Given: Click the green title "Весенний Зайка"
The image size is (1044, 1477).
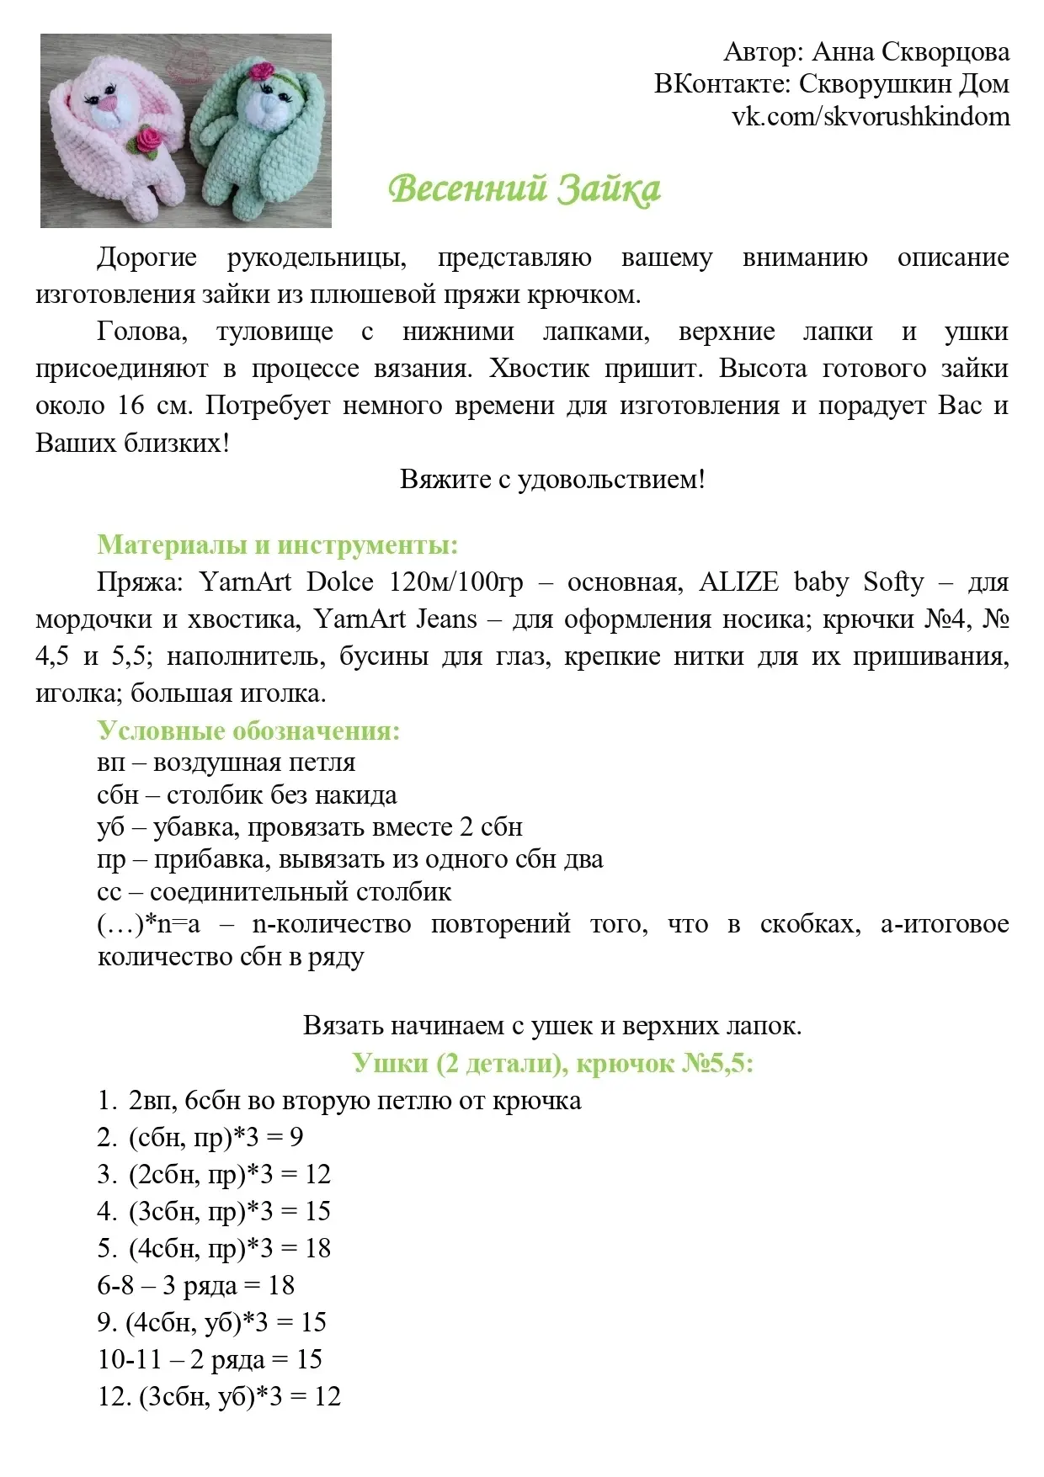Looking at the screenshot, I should pos(524,188).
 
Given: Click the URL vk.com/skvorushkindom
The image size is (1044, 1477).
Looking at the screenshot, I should pos(871,116).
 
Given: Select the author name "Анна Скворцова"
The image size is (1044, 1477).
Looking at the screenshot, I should pos(910,52).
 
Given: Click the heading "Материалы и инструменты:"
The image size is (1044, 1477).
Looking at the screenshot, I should pos(277,545).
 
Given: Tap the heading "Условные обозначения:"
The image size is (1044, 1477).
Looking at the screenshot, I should pos(248,730).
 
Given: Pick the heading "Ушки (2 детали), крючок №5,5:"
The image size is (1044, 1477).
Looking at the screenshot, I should pos(552,1063).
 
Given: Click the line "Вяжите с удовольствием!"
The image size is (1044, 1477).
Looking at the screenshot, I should pos(552,479).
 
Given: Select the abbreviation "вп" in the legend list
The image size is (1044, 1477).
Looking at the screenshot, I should pos(110,762).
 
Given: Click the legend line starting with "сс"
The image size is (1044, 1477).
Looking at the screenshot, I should pos(274,891).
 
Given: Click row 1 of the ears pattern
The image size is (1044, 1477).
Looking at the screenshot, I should pos(339,1100).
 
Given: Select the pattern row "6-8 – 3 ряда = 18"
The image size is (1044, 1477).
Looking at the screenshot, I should pos(196,1285).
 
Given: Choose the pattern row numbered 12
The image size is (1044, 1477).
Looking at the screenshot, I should pos(220,1396).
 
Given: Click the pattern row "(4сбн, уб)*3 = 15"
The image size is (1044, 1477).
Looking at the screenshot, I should pos(212,1322).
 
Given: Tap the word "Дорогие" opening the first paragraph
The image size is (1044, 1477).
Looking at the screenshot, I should pos(147,257).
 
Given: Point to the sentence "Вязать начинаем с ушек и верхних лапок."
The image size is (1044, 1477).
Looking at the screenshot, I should pos(552,1026).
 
